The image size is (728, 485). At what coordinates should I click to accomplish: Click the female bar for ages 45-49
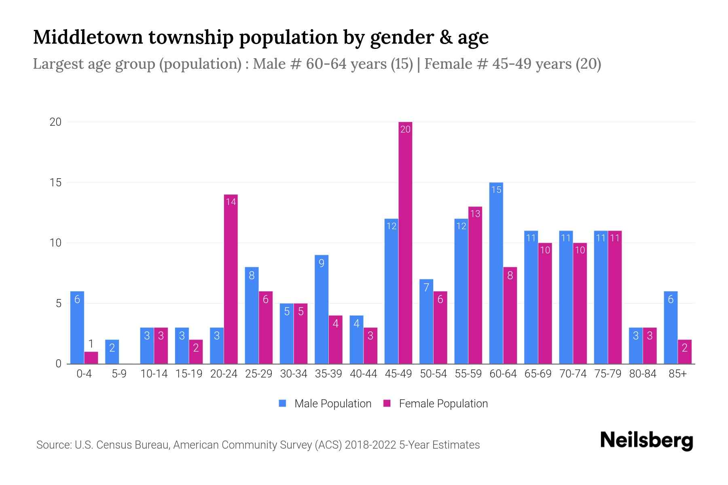(x=405, y=242)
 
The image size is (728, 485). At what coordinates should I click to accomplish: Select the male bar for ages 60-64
(x=496, y=273)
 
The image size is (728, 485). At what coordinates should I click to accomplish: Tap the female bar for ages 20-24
(x=231, y=279)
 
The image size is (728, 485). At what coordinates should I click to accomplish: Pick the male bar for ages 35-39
(x=322, y=309)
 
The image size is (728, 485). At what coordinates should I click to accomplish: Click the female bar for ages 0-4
(x=91, y=358)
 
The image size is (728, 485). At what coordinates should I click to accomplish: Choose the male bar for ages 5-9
(x=112, y=352)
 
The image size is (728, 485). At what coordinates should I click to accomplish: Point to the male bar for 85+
(x=671, y=327)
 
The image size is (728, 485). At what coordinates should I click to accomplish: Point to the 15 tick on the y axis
(x=55, y=183)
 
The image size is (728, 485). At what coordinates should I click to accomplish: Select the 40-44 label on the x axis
(x=363, y=374)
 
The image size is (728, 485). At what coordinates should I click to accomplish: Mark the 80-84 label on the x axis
(x=643, y=374)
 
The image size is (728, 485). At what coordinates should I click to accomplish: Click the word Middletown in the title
(x=88, y=37)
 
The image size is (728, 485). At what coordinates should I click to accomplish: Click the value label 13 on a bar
(x=475, y=213)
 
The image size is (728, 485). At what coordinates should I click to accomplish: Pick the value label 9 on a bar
(x=322, y=264)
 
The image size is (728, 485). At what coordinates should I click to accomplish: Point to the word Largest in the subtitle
(x=53, y=64)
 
